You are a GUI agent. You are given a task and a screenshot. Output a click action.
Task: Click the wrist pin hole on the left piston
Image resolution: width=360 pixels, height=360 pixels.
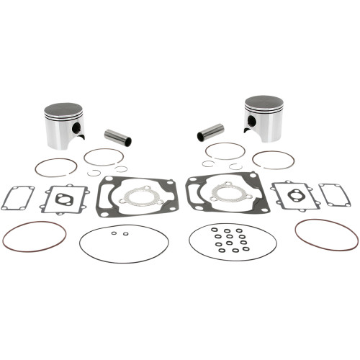pyautogui.click(x=76, y=127)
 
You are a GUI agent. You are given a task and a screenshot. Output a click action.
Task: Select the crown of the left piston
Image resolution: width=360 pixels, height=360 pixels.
pyautogui.click(x=63, y=109)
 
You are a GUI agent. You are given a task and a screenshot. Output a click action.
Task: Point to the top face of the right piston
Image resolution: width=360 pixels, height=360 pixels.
pyautogui.click(x=264, y=102)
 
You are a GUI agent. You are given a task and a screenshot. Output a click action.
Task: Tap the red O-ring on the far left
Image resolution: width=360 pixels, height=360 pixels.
pyautogui.click(x=34, y=235)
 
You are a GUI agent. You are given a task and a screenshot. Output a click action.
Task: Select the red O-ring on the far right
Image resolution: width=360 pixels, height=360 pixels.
pyautogui.click(x=326, y=234)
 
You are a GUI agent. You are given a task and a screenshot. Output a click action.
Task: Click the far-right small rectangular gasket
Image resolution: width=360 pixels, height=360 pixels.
pyautogui.click(x=335, y=194)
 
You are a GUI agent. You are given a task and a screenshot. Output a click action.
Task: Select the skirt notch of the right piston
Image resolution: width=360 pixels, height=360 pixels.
pyautogui.click(x=253, y=131)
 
